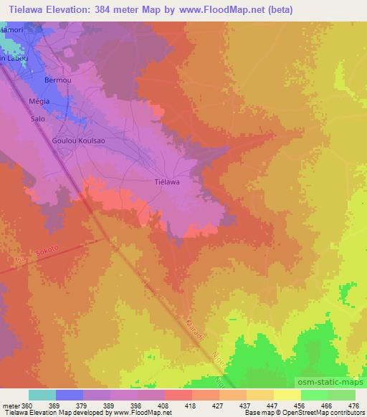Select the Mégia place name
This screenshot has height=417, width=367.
[39, 101]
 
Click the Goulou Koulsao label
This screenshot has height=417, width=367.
[79, 141]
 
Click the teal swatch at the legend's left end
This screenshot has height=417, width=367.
[42, 396]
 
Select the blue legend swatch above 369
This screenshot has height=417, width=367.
[70, 396]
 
